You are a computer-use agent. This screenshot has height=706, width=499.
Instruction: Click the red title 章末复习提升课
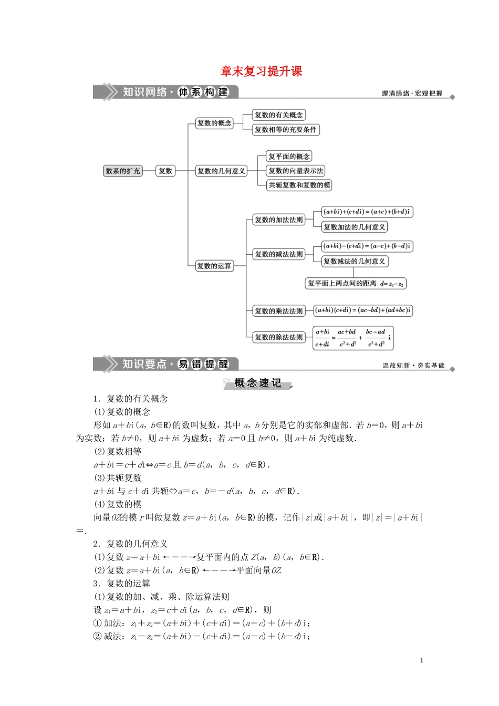(261, 71)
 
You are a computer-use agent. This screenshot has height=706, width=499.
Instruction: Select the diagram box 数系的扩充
(123, 171)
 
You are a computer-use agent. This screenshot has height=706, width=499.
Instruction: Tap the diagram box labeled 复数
(165, 171)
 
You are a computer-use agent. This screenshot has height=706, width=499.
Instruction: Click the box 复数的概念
(214, 123)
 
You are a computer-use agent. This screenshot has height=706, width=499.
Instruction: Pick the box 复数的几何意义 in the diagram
(221, 171)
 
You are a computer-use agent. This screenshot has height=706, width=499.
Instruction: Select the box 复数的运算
(214, 266)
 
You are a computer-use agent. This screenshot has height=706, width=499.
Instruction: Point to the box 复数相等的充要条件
(286, 130)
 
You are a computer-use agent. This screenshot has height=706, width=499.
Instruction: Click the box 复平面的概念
(289, 157)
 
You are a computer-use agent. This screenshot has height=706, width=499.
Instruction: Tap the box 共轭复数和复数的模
(299, 185)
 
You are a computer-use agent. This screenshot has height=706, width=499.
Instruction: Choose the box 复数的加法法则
(279, 220)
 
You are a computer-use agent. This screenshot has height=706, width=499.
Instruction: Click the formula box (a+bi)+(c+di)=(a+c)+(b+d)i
(367, 212)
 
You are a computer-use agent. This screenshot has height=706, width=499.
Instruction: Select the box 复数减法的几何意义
(355, 261)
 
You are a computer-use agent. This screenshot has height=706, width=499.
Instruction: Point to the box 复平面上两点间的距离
(356, 284)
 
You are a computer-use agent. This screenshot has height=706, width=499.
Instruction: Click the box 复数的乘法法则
(279, 311)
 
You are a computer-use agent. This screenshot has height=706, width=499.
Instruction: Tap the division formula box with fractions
(353, 338)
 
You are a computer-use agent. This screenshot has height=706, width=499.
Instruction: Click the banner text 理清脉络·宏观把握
(412, 94)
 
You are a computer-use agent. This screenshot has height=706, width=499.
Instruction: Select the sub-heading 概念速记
(257, 383)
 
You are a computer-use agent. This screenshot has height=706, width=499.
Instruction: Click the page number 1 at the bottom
(421, 660)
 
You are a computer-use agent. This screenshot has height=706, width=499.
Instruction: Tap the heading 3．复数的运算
(122, 583)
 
